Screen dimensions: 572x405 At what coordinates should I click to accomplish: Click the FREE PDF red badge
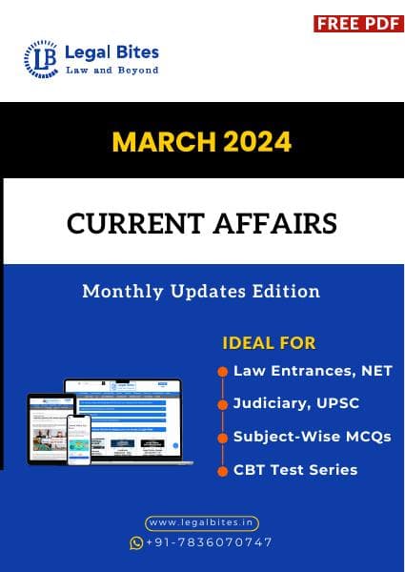(x=358, y=23)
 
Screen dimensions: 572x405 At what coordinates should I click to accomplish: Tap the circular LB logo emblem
(x=41, y=59)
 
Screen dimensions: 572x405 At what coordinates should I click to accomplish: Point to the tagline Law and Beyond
(x=111, y=71)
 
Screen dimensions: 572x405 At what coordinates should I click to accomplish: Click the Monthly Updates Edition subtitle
(x=201, y=291)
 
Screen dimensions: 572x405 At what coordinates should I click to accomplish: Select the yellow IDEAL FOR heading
(x=269, y=342)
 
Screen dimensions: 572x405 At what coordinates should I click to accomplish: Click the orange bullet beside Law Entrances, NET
(x=222, y=372)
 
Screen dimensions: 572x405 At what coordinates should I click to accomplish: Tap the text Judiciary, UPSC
(x=296, y=403)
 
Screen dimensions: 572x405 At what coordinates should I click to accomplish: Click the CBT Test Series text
(x=295, y=469)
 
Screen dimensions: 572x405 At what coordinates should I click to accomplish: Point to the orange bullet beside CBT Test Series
(x=222, y=470)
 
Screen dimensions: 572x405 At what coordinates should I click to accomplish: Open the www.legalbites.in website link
(x=202, y=523)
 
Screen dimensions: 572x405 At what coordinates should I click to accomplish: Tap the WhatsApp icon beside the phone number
(x=136, y=542)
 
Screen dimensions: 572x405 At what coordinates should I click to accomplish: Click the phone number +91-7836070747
(x=209, y=542)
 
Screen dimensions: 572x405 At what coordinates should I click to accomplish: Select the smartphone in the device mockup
(x=79, y=439)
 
